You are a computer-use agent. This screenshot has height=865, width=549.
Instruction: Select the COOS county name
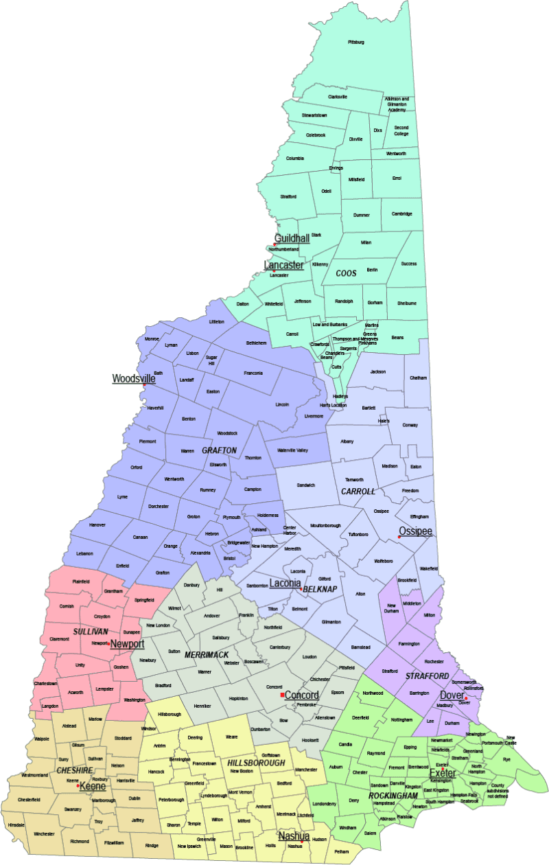[x=346, y=273]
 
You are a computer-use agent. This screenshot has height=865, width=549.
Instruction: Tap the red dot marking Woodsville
[x=143, y=384]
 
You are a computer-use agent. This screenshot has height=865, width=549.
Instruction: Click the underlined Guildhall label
[x=292, y=238]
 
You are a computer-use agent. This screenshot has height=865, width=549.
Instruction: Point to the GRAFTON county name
[x=219, y=451]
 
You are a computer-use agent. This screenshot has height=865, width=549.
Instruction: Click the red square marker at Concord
[x=282, y=695]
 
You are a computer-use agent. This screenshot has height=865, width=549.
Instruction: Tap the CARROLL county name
[x=358, y=492]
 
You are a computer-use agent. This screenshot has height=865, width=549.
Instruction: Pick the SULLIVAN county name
[x=91, y=631]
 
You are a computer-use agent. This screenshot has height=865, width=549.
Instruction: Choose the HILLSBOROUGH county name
[x=257, y=763]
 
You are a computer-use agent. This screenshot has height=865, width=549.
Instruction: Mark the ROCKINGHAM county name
[x=392, y=795]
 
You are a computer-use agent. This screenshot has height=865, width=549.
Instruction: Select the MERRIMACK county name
[x=207, y=655]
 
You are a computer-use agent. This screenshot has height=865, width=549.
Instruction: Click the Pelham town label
[x=342, y=852]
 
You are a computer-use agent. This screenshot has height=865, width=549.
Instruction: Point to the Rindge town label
[x=152, y=846]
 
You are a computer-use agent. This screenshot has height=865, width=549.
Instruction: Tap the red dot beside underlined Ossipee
[x=399, y=538]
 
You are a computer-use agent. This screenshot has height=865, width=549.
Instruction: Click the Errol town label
[x=397, y=178]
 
